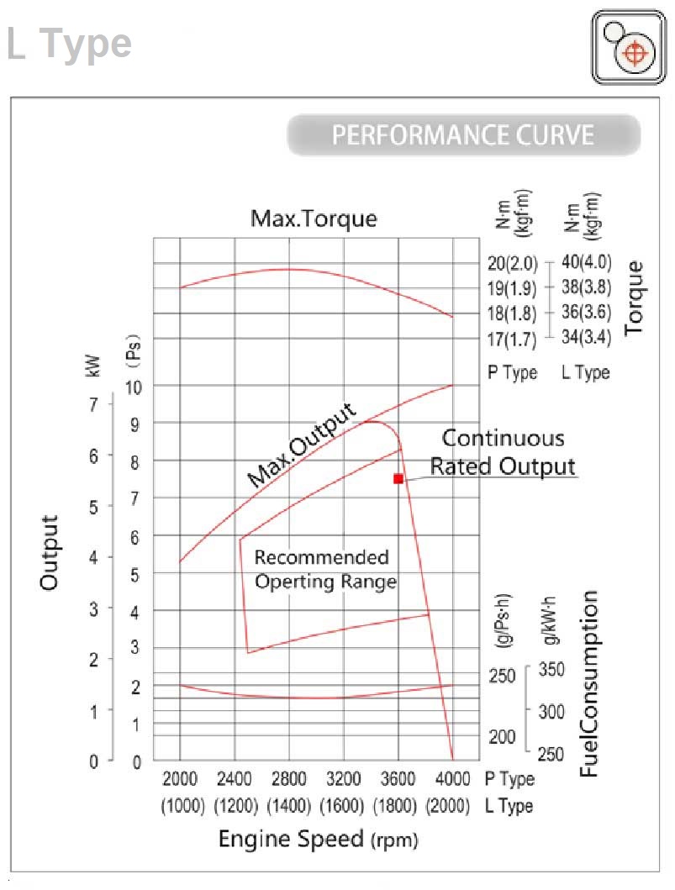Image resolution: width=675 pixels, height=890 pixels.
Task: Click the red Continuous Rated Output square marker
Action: tap(398, 478)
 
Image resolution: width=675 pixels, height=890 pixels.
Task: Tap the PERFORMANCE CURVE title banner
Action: tap(463, 135)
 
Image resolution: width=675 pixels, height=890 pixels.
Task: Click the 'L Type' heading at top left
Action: tap(69, 44)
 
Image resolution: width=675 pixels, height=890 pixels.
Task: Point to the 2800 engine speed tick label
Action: tap(288, 778)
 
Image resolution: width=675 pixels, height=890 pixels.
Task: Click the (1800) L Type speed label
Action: tap(398, 806)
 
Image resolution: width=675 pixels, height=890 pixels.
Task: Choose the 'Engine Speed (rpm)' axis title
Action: tap(318, 839)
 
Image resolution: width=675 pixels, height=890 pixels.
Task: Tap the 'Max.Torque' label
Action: tap(314, 219)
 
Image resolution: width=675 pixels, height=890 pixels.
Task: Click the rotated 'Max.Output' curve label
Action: tap(302, 445)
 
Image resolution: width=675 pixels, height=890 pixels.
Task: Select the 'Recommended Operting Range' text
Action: tap(325, 569)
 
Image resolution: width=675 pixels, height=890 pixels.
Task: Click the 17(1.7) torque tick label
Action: tap(512, 340)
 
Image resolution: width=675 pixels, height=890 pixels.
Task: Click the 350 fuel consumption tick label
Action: tap(551, 671)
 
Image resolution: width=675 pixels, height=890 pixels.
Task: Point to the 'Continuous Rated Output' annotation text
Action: tap(504, 452)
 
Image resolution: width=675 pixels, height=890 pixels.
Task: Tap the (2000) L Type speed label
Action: tap(447, 806)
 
